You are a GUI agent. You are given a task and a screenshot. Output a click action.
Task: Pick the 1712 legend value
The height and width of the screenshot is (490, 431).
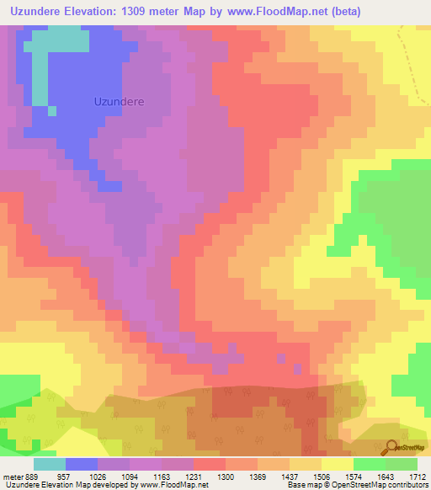coord(419,477)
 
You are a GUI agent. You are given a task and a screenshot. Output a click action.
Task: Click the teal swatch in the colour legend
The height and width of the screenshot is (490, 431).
coord(49,464)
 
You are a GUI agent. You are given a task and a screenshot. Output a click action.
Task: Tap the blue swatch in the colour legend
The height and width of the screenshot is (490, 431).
coord(82,464)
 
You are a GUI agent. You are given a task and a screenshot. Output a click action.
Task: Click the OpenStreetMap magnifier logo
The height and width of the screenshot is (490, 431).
coord(389,447)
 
